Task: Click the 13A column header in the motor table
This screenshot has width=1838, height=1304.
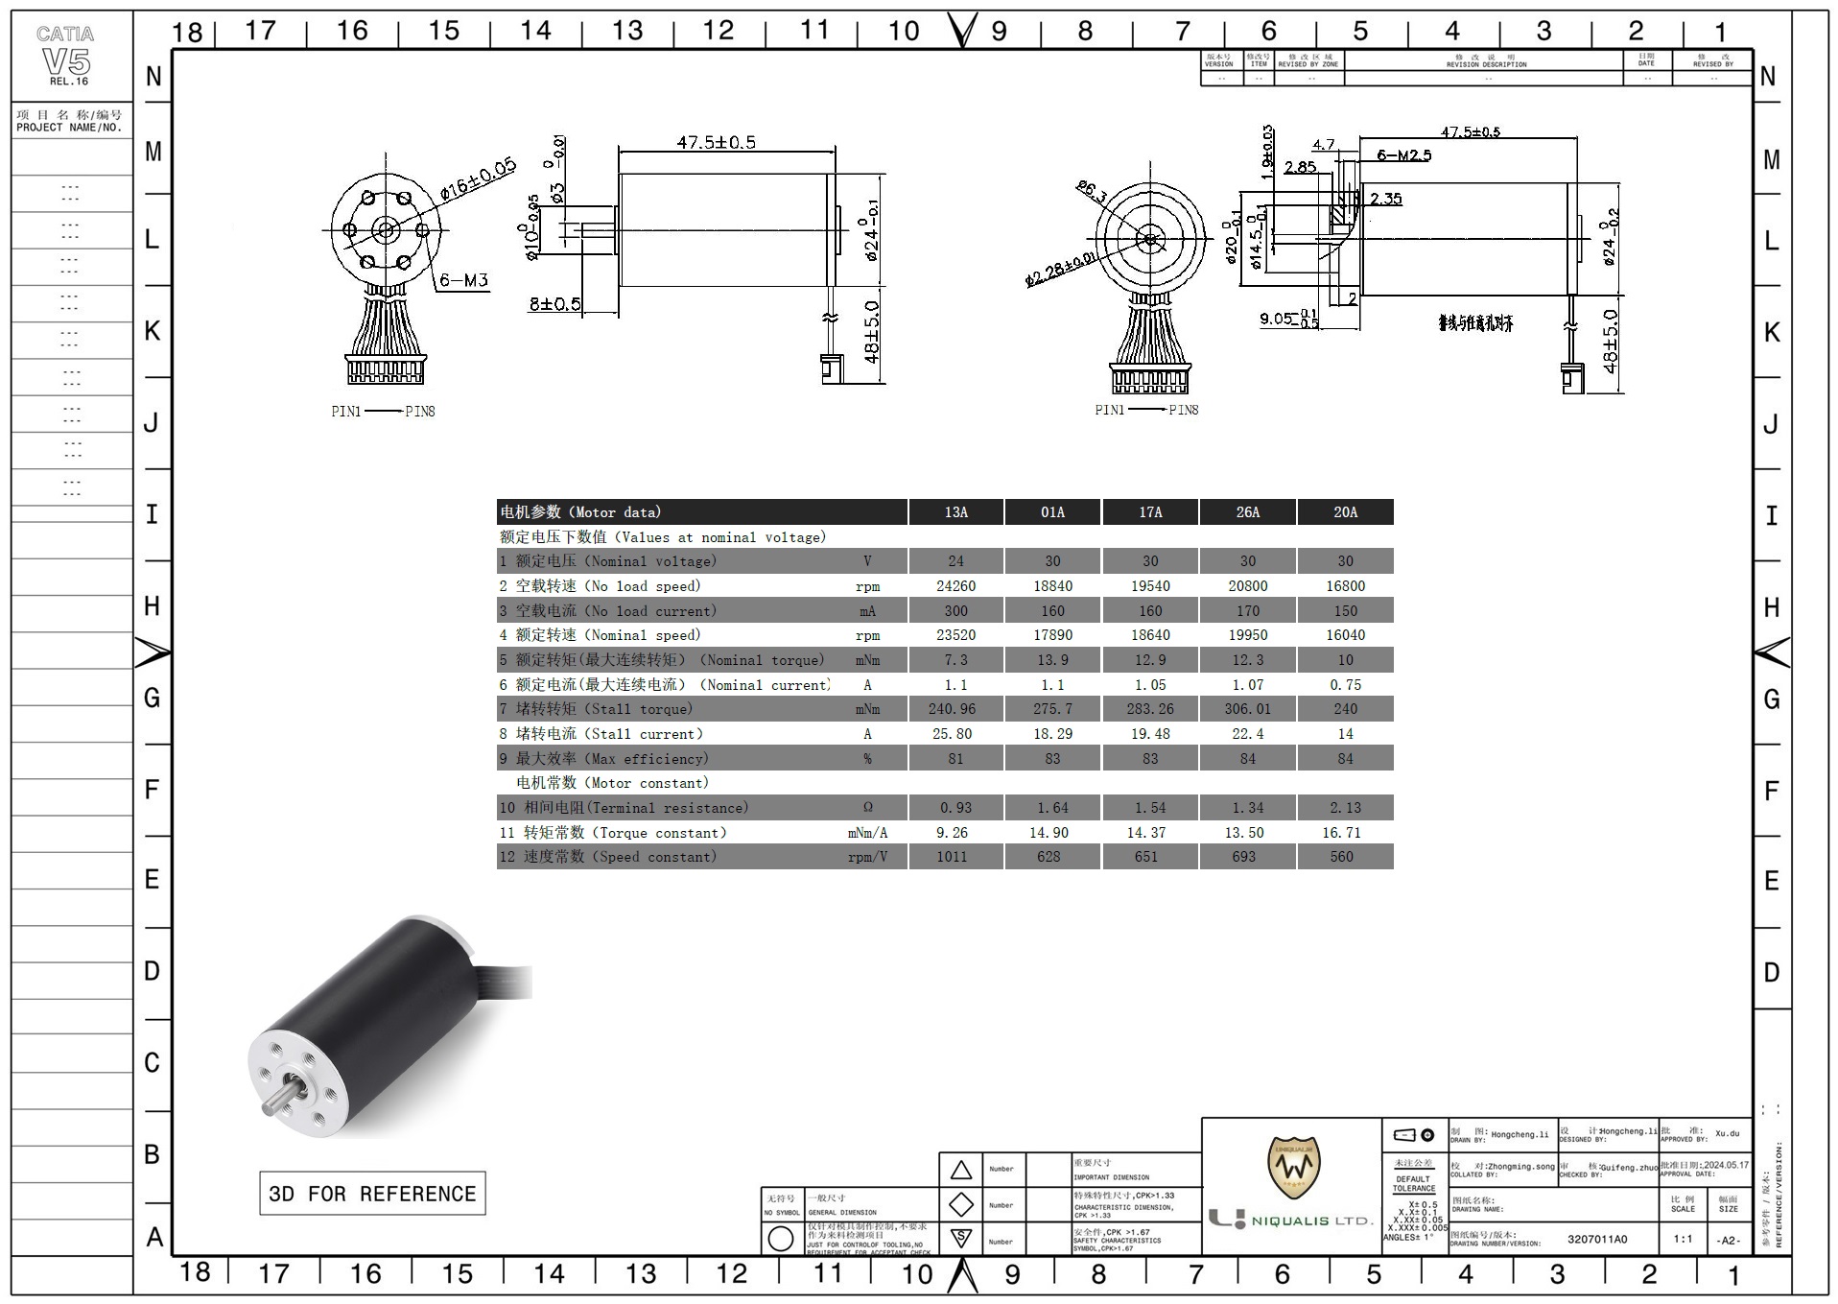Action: pyautogui.click(x=955, y=512)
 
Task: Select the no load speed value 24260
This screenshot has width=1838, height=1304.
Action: pyautogui.click(x=955, y=586)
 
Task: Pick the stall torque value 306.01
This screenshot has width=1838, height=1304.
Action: pyautogui.click(x=1247, y=709)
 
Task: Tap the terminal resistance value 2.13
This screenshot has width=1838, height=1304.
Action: pyautogui.click(x=1345, y=808)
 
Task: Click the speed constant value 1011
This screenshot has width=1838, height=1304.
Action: pyautogui.click(x=952, y=857)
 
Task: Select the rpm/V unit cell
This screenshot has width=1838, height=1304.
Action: pyautogui.click(x=867, y=857)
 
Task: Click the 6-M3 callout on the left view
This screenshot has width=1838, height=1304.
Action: pyautogui.click(x=463, y=281)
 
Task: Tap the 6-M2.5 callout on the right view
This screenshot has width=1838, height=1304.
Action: pyautogui.click(x=1403, y=155)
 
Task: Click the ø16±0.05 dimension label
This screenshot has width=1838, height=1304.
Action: pyautogui.click(x=478, y=179)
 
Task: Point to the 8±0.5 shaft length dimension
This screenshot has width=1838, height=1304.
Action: pyautogui.click(x=554, y=304)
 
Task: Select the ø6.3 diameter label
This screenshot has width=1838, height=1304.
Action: pyautogui.click(x=1092, y=191)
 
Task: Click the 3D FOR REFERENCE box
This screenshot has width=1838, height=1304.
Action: pyautogui.click(x=372, y=1194)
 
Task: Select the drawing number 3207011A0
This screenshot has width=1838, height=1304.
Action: pyautogui.click(x=1596, y=1239)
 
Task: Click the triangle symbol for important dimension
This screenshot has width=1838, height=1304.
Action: pyautogui.click(x=961, y=1170)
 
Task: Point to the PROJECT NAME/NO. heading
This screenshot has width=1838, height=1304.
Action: pyautogui.click(x=69, y=121)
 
